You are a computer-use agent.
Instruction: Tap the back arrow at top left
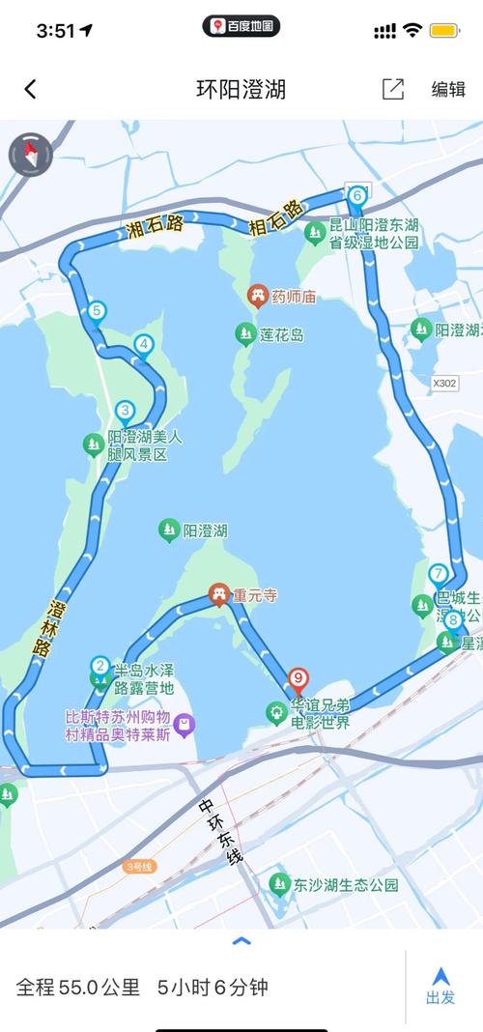pyautogui.click(x=30, y=89)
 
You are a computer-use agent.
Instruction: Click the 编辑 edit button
pyautogui.click(x=448, y=89)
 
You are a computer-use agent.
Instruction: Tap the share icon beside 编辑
pyautogui.click(x=393, y=89)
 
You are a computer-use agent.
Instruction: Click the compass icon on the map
pyautogui.click(x=30, y=153)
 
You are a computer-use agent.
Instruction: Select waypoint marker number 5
pyautogui.click(x=96, y=311)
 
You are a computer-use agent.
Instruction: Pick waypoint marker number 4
pyautogui.click(x=144, y=344)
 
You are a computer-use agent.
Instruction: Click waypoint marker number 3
pyautogui.click(x=124, y=410)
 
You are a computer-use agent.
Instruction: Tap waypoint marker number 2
pyautogui.click(x=99, y=666)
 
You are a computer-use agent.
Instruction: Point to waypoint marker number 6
pyautogui.click(x=357, y=195)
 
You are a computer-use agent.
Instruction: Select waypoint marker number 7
pyautogui.click(x=439, y=573)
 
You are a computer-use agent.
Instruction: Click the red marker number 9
pyautogui.click(x=298, y=678)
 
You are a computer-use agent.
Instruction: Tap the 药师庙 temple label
pyautogui.click(x=294, y=297)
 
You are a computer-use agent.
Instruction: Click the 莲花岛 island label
pyautogui.click(x=281, y=334)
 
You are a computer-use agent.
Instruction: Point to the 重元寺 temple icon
pyautogui.click(x=220, y=594)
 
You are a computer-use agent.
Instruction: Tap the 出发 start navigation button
pyautogui.click(x=440, y=985)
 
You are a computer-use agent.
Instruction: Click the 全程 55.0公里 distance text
pyautogui.click(x=77, y=987)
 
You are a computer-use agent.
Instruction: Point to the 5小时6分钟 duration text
pyautogui.click(x=213, y=987)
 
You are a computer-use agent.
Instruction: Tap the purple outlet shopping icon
pyautogui.click(x=184, y=724)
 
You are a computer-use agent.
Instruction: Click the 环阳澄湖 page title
pyautogui.click(x=241, y=89)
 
